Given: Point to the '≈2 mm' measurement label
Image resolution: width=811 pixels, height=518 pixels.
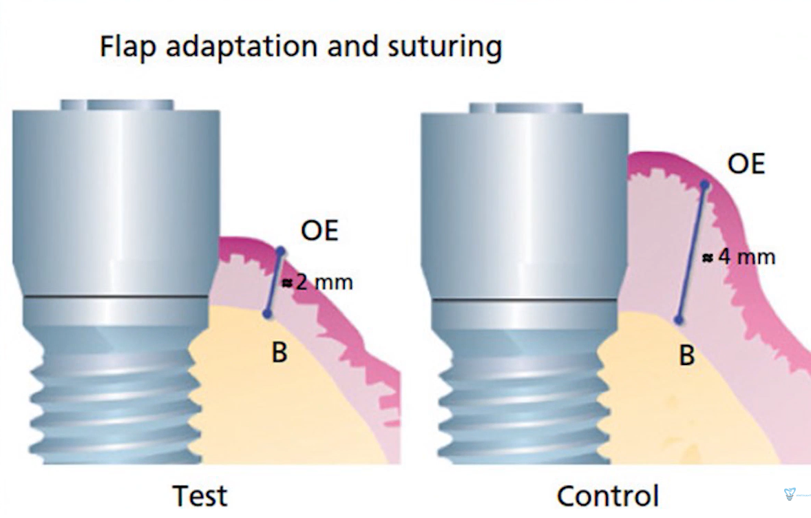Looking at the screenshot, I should (319, 282).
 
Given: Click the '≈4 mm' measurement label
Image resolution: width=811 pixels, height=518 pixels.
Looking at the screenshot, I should (739, 258).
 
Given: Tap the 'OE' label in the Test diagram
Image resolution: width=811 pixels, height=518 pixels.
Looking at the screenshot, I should (320, 231).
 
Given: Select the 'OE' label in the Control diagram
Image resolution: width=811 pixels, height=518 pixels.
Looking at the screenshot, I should (746, 165).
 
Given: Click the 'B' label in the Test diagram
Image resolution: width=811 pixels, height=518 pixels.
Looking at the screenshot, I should (279, 353).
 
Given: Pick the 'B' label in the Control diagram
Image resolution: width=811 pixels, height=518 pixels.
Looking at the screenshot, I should (686, 357).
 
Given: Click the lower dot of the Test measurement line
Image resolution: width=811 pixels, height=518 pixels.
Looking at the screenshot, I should (268, 314).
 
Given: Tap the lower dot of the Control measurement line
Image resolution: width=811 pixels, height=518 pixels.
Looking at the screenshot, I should (679, 320).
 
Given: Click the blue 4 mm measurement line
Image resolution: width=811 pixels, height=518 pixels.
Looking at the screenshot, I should (691, 253).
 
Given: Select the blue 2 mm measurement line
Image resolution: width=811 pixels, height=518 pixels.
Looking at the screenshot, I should (274, 282).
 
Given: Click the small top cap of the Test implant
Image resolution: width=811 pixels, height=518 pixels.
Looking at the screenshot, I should (117, 105).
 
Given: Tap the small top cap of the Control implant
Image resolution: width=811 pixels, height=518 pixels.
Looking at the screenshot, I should (525, 108).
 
